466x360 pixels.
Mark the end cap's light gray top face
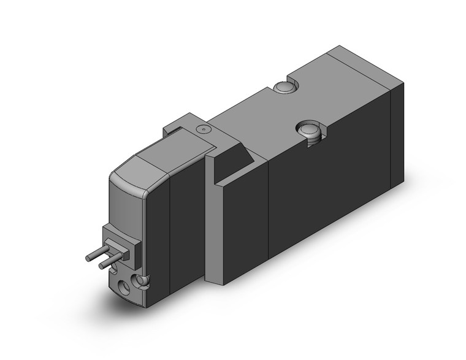362,68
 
